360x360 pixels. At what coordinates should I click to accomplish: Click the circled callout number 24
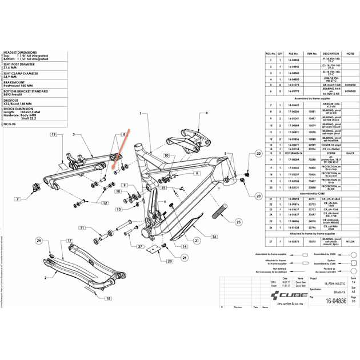(39, 242)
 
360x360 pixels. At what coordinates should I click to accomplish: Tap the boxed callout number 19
(53, 134)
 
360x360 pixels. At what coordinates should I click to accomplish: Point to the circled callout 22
(258, 154)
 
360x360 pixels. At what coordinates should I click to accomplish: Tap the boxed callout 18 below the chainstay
(107, 298)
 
